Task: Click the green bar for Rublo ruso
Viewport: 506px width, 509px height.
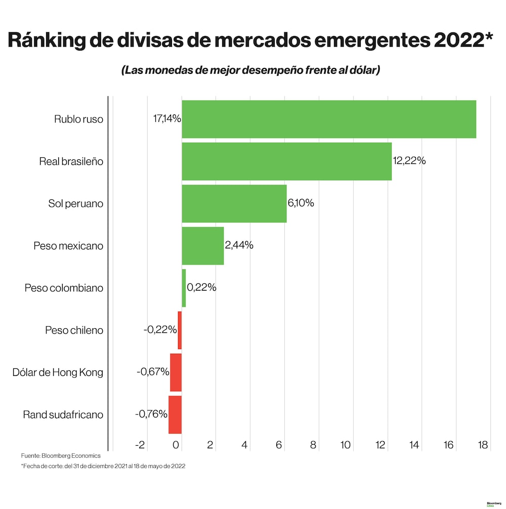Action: (329, 119)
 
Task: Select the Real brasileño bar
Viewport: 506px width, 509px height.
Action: (286, 161)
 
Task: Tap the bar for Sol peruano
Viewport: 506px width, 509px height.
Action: (234, 203)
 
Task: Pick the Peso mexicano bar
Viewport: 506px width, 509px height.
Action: (202, 246)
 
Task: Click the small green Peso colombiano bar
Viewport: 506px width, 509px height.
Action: (184, 288)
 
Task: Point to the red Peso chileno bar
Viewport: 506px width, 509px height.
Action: (180, 330)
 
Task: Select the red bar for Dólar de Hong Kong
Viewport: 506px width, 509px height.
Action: (176, 372)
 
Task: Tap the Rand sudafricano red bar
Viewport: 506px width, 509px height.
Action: (175, 414)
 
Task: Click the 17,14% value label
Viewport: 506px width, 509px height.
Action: (166, 119)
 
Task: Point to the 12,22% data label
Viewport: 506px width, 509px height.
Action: (409, 161)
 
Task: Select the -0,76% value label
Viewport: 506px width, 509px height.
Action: (151, 414)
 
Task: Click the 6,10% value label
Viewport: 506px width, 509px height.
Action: (301, 203)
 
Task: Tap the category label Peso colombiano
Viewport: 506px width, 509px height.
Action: (64, 288)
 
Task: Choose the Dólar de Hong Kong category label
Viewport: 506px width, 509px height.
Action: (58, 372)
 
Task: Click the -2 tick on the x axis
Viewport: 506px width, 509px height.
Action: (140, 445)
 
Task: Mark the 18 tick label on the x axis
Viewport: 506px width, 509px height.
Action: (482, 445)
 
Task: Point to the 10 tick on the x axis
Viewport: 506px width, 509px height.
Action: (346, 445)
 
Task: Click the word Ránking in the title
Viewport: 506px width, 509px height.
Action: (49, 41)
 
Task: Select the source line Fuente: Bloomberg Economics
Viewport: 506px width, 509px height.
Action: (61, 456)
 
